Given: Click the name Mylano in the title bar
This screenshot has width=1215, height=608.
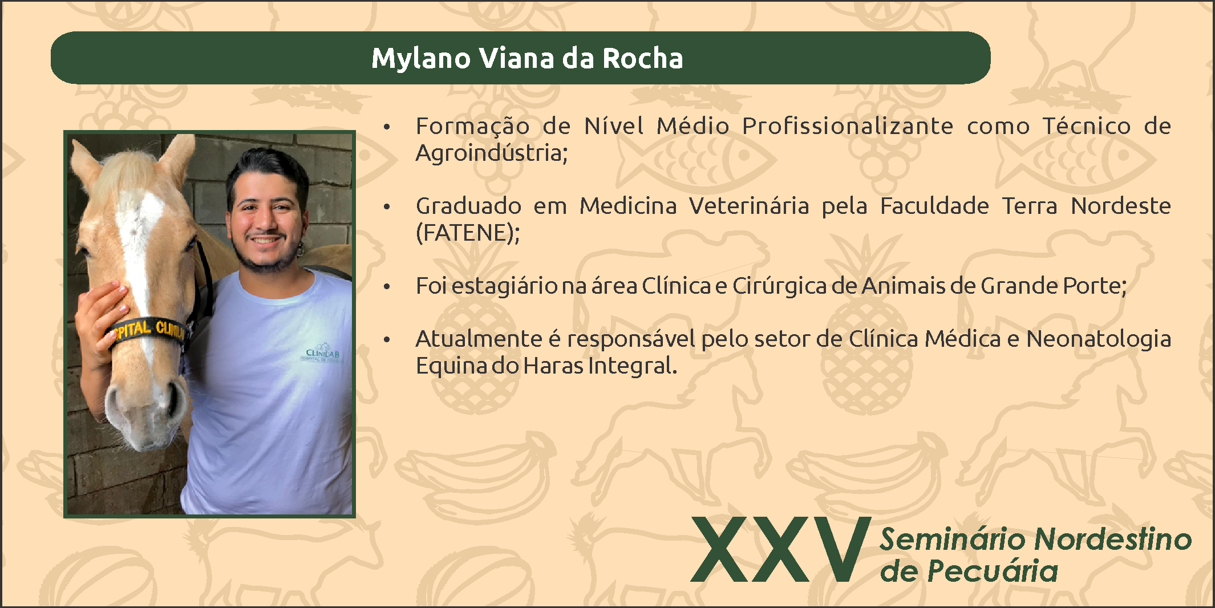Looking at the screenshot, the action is point(421,59).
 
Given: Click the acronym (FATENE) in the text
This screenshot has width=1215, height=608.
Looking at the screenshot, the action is point(468,233).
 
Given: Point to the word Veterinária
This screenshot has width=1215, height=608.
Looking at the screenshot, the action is point(748,205).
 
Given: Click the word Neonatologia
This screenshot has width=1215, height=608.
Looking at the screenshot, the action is point(1098,339).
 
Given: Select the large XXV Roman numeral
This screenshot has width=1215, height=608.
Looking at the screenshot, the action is point(781,549).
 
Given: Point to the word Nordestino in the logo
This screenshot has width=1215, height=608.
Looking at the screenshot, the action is point(1113,539).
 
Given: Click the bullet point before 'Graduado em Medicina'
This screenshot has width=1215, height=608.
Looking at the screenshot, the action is point(387,206).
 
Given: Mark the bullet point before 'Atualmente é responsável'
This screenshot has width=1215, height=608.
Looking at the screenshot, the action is point(387,340).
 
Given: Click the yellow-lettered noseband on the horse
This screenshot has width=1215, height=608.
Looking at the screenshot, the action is point(147,330).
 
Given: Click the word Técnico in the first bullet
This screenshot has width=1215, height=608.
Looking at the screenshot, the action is point(1087,125).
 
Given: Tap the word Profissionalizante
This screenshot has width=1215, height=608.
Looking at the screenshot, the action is point(847,125).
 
